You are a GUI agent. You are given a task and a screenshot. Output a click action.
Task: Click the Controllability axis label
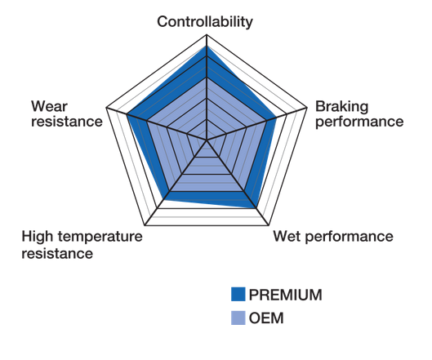[205, 22]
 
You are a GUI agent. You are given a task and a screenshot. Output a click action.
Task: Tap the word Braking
[341, 107]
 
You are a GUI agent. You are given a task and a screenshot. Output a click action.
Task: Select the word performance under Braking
[359, 122]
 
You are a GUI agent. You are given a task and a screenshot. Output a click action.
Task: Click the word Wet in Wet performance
[287, 237]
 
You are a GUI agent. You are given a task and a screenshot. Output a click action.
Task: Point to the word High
[37, 237]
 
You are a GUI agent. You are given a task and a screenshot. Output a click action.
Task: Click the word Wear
[49, 106]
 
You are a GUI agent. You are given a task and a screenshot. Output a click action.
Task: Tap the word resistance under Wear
[67, 122]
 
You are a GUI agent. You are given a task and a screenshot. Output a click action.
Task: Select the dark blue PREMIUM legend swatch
[238, 294]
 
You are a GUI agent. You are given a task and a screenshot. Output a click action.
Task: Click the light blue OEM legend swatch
[238, 318]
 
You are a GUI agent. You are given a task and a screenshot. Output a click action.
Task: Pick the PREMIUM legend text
[286, 295]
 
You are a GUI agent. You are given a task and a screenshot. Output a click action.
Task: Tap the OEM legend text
[266, 318]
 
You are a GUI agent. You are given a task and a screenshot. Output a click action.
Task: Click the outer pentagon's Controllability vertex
[207, 35]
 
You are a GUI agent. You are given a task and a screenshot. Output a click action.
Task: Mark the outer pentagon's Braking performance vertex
[307, 108]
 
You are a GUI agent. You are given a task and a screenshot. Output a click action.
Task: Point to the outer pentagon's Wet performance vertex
[269, 225]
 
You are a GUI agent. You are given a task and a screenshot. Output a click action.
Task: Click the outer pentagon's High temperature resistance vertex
[145, 225]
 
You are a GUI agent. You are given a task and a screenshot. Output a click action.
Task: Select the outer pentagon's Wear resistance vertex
[106, 108]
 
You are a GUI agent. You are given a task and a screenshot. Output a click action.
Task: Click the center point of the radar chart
[207, 140]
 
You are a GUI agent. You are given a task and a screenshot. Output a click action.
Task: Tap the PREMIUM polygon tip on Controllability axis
[207, 46]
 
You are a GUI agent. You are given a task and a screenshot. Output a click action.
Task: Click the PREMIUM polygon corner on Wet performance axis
[256, 208]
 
